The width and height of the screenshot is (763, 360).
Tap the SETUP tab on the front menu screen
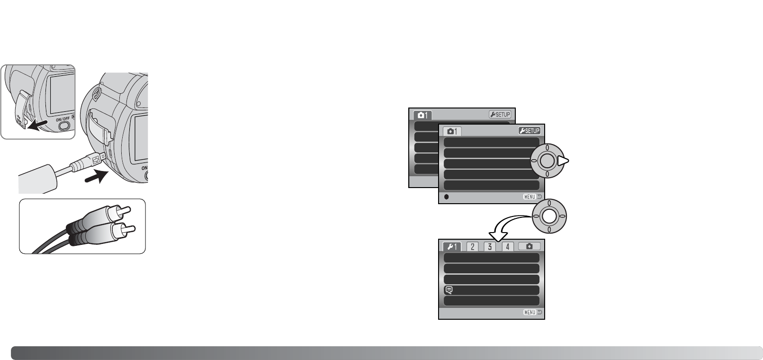tap(529, 131)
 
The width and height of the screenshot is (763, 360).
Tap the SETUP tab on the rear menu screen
tap(500, 115)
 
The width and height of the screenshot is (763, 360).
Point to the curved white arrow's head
tap(496, 235)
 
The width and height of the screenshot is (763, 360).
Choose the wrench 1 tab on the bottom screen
tap(452, 246)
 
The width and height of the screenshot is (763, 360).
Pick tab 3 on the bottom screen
tap(490, 246)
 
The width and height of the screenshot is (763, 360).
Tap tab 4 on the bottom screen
tap(507, 246)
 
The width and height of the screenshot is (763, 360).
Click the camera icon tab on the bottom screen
tap(529, 246)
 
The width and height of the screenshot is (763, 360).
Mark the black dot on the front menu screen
tap(446, 197)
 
